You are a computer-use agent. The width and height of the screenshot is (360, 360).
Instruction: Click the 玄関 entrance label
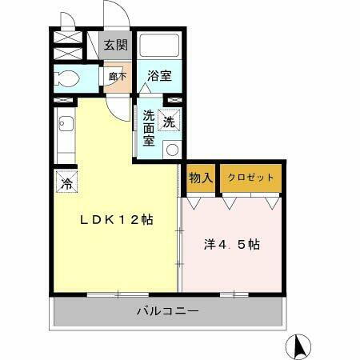[115, 45]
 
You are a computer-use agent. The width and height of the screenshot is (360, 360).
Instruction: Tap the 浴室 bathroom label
[159, 77]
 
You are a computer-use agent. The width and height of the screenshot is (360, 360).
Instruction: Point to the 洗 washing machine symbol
[170, 122]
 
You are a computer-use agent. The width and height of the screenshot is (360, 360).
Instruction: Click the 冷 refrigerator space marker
[66, 182]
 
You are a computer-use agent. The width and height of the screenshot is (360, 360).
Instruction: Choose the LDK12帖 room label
[115, 219]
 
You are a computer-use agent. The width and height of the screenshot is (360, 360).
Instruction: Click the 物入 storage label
[200, 178]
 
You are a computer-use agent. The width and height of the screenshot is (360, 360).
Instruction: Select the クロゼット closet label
[250, 178]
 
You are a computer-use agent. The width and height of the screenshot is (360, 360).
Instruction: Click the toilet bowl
[65, 79]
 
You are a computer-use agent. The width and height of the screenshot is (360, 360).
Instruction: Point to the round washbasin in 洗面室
[170, 148]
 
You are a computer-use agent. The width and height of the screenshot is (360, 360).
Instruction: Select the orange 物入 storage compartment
[200, 178]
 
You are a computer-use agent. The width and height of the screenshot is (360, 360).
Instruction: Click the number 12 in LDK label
[130, 219]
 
